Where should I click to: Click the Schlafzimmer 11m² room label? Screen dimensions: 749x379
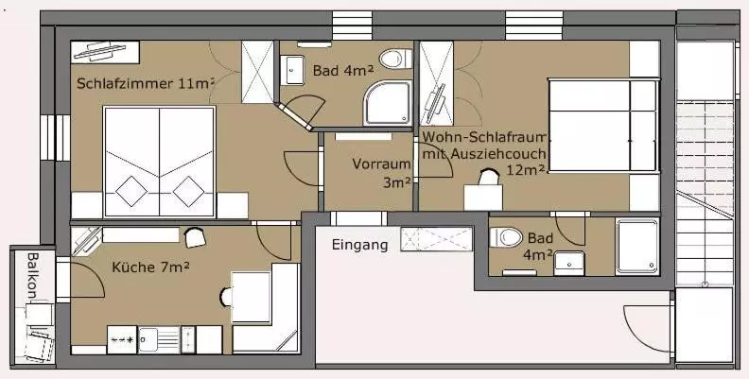point(146,83)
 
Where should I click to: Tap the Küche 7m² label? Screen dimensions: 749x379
point(150,267)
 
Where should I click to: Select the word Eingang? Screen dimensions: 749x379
point(359,246)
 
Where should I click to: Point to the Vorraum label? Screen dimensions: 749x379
point(381,164)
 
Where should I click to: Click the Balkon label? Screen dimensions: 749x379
point(32,275)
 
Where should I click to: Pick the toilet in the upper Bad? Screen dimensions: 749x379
point(395,59)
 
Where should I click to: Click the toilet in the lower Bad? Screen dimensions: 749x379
point(506,237)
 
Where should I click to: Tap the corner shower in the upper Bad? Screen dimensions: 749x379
point(388,103)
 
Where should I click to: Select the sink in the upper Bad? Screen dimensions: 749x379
point(292,70)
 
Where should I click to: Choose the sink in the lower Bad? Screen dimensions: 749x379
point(569,264)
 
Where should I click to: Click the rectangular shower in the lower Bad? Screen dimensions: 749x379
point(637,247)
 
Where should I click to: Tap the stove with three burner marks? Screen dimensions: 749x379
point(122,340)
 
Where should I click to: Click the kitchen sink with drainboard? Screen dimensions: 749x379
point(159,340)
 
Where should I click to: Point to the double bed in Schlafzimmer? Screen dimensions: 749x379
point(160,162)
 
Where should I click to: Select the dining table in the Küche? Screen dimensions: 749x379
point(251,298)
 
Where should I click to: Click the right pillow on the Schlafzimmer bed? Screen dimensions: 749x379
point(189,192)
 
